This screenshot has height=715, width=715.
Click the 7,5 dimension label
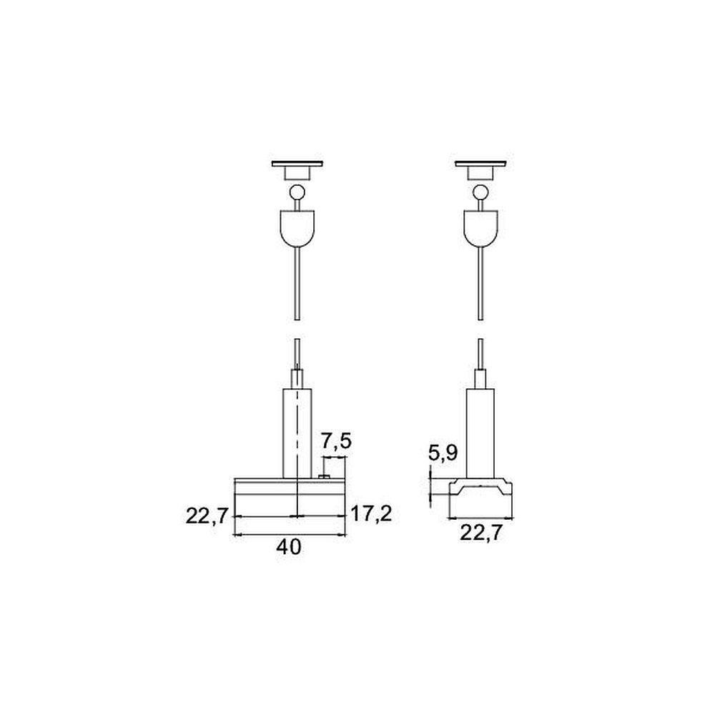pyautogui.click(x=336, y=441)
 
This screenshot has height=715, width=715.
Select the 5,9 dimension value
pyautogui.click(x=443, y=453)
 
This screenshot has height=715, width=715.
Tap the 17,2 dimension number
pyautogui.click(x=370, y=514)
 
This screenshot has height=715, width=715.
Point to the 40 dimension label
pyautogui.click(x=289, y=547)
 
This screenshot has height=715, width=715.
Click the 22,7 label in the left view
pyautogui.click(x=207, y=516)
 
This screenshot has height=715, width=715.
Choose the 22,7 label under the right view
pyautogui.click(x=480, y=533)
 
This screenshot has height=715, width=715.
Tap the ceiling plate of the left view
pyautogui.click(x=297, y=164)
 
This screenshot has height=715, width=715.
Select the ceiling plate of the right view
pyautogui.click(x=480, y=164)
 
